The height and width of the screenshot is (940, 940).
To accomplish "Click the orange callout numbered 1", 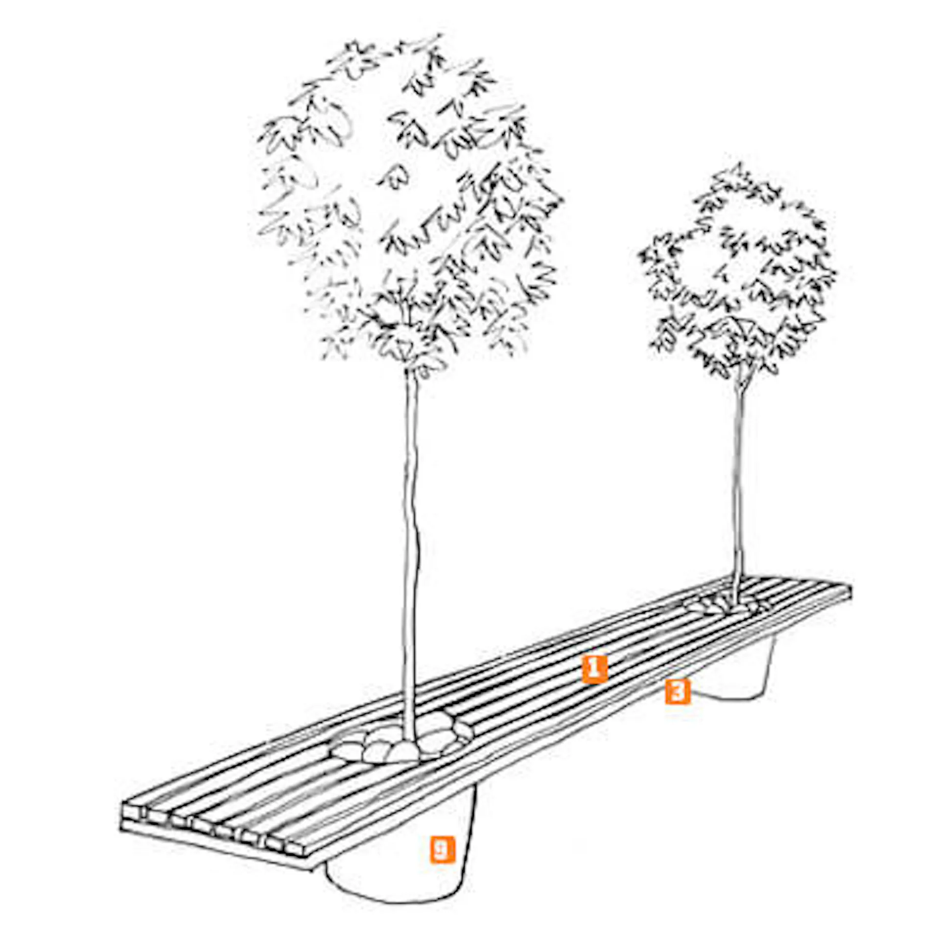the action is pyautogui.click(x=594, y=669).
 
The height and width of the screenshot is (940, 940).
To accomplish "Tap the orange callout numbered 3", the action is pyautogui.click(x=678, y=691).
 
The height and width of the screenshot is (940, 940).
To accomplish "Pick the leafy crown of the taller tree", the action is pyautogui.click(x=409, y=206).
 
